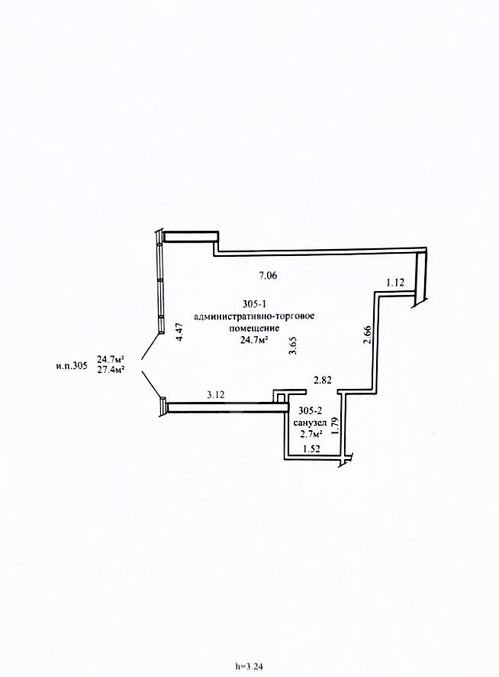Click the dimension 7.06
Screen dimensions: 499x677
point(267,275)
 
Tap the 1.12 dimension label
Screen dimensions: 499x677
point(395,283)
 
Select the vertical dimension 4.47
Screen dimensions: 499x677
point(180,332)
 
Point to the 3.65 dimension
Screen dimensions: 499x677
point(293,346)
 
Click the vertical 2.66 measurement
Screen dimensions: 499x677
point(367,335)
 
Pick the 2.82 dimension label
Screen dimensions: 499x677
point(323,380)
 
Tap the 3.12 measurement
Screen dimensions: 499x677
point(216,394)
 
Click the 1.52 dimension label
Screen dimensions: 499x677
point(311,449)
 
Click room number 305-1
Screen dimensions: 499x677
point(254,304)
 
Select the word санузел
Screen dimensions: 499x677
point(310,423)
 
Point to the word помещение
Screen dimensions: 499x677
point(254,328)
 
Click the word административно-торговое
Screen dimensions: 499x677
point(255,316)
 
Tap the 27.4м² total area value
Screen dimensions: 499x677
point(111,369)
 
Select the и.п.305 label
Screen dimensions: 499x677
point(72,366)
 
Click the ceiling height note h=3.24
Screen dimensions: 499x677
point(249,666)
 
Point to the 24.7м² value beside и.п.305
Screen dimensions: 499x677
point(111,359)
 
